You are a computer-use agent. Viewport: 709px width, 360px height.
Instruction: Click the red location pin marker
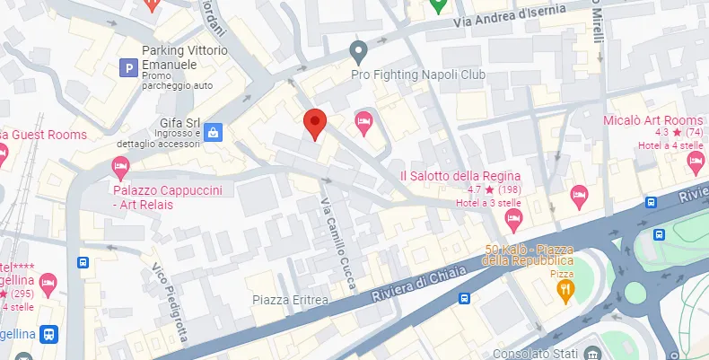click(314, 123)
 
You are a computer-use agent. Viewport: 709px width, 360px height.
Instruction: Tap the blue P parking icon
click(129, 66)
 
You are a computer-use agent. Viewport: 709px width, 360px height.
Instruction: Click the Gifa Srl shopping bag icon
click(214, 133)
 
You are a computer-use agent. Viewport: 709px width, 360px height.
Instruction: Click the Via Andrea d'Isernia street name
click(510, 15)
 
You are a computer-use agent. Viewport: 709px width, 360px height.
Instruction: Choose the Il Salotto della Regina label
click(460, 175)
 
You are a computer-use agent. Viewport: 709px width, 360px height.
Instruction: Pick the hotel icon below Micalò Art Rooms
click(695, 162)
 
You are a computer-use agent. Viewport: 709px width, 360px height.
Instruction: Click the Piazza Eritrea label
click(290, 299)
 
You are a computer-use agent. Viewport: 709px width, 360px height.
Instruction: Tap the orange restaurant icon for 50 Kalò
click(565, 289)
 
